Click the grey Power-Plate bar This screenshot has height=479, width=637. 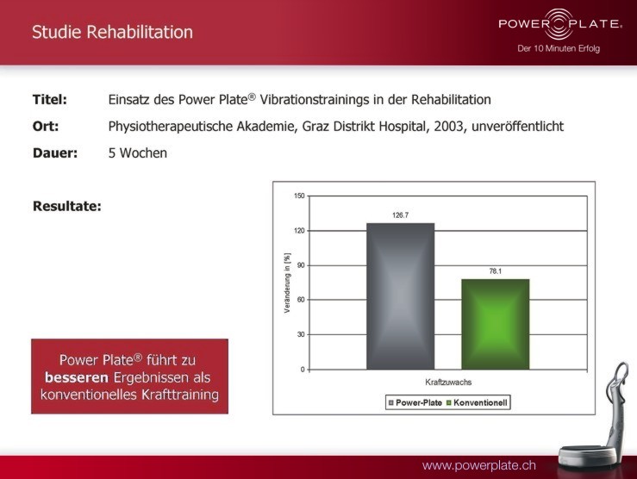[x=400, y=295]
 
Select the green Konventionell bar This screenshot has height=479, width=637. [x=496, y=324]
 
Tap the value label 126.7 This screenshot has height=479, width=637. [x=400, y=215]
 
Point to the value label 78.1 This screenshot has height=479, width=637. [x=496, y=271]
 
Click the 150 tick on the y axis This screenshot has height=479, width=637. [x=299, y=196]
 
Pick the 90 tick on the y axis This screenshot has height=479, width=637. [x=301, y=265]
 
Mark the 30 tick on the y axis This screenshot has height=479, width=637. [x=301, y=334]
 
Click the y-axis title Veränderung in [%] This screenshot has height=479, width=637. [x=288, y=283]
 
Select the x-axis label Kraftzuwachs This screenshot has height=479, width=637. [x=448, y=383]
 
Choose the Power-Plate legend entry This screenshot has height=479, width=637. [x=415, y=402]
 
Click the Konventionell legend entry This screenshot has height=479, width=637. [x=477, y=402]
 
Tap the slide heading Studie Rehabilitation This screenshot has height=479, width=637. [x=113, y=32]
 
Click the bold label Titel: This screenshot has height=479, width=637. [x=50, y=99]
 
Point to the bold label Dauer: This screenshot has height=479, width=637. [x=55, y=153]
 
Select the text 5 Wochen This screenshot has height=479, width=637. [x=138, y=153]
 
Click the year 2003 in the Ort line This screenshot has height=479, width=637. [x=448, y=127]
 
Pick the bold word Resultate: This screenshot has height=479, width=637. [x=67, y=206]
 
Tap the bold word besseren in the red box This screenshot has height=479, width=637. [x=77, y=377]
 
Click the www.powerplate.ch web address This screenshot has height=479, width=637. [x=479, y=465]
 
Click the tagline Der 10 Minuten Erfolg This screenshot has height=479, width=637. [x=559, y=49]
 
